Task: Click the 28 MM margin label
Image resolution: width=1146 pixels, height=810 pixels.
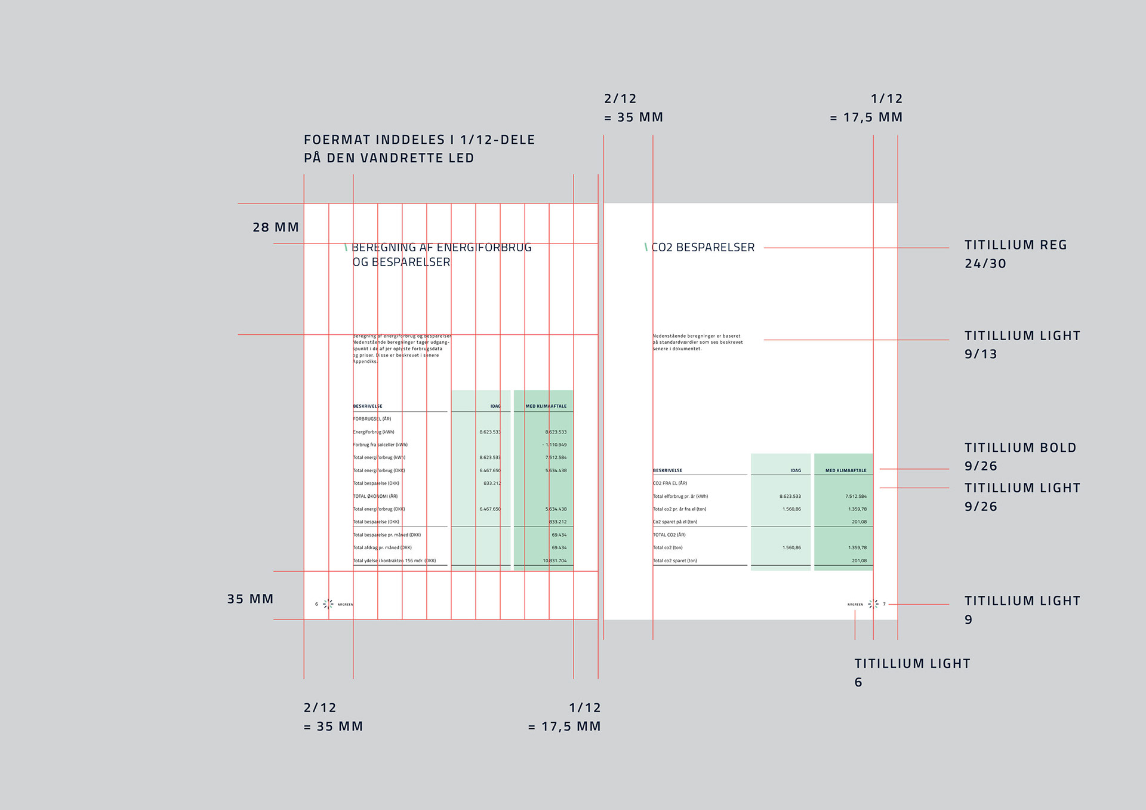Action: (x=275, y=227)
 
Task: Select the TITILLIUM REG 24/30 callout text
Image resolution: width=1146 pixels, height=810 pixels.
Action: (x=1015, y=254)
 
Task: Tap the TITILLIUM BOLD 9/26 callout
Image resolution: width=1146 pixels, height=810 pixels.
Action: (x=1019, y=457)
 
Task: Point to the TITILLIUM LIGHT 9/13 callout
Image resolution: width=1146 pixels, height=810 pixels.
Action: (x=1022, y=344)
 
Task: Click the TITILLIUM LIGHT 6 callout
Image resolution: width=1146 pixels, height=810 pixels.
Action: (x=911, y=672)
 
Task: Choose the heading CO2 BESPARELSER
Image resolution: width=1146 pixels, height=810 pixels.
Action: (x=703, y=247)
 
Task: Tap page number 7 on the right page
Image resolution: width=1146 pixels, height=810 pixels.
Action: (x=884, y=604)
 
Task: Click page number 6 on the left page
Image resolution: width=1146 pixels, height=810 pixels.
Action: (x=316, y=604)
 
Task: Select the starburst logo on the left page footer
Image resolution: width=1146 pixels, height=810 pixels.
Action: (x=328, y=604)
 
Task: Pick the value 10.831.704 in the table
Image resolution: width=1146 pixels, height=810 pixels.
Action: (x=554, y=560)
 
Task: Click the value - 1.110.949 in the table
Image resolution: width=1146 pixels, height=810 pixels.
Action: (x=554, y=445)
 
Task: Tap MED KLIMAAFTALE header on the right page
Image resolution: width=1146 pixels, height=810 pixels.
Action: (x=845, y=470)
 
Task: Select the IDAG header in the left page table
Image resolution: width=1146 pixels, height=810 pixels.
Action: (x=495, y=406)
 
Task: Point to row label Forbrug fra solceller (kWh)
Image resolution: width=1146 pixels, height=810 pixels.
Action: (x=380, y=445)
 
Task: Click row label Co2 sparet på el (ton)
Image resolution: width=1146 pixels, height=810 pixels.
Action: (x=674, y=522)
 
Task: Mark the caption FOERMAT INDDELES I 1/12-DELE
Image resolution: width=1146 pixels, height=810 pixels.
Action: (x=419, y=140)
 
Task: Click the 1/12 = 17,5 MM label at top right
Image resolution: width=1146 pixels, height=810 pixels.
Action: (x=866, y=108)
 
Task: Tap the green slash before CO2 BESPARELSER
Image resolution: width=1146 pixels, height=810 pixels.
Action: (x=646, y=247)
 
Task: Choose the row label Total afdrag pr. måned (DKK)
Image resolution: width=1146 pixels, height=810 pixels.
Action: (x=382, y=547)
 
